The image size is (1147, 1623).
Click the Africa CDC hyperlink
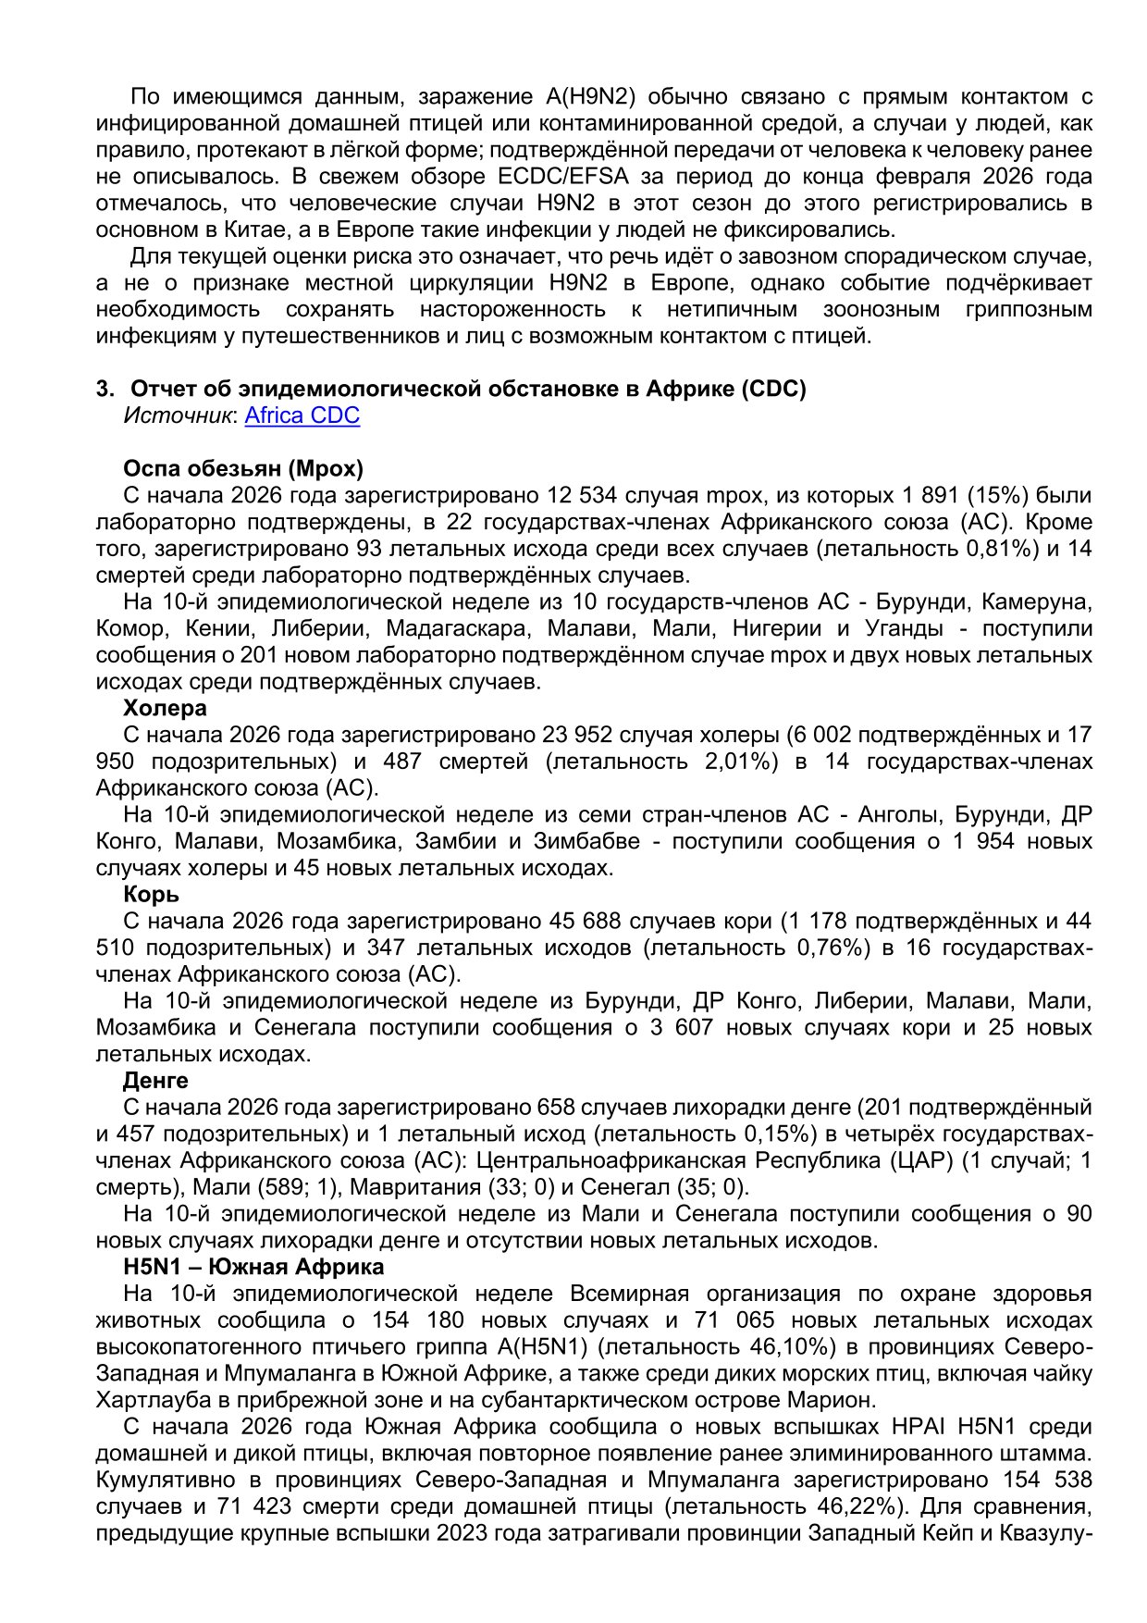pos(302,415)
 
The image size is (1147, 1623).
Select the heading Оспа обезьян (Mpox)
pos(243,468)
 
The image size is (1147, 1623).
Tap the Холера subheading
pos(165,708)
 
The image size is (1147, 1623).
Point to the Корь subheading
pos(151,895)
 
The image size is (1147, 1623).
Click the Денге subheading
pos(155,1081)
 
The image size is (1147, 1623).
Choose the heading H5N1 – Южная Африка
pos(253,1267)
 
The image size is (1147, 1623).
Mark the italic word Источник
pos(178,415)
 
